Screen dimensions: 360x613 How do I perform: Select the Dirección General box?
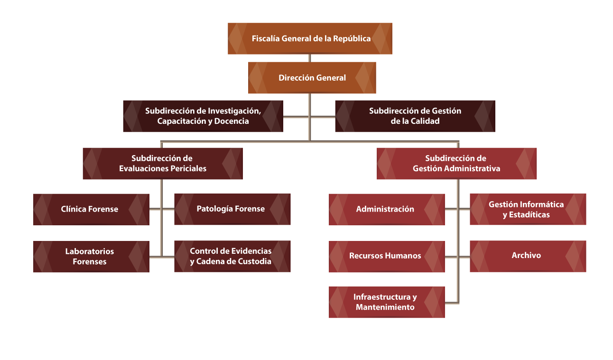(x=312, y=77)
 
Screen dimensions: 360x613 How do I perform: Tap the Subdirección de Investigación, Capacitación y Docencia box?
(x=203, y=116)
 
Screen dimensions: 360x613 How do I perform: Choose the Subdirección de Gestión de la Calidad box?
(x=415, y=116)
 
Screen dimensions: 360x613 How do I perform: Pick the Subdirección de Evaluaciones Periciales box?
(x=162, y=163)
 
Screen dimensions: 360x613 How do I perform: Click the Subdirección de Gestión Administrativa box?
(x=456, y=163)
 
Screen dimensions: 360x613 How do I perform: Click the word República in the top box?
(x=352, y=38)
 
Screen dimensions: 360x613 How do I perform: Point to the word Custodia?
(x=254, y=261)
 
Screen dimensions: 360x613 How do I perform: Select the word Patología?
(x=213, y=209)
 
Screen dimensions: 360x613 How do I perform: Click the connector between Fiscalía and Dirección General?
(x=310, y=58)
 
